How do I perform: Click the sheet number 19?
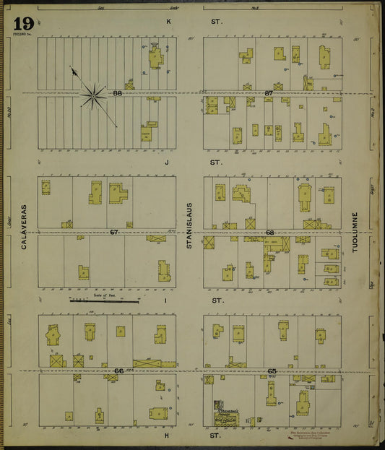[22, 23]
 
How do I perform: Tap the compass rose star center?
[93, 94]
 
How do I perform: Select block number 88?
[117, 93]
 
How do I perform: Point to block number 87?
[269, 93]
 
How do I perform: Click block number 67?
[114, 232]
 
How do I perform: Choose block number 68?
[269, 233]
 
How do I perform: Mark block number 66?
[118, 371]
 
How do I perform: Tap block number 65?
[272, 371]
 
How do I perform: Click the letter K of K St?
[169, 22]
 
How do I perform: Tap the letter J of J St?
[166, 163]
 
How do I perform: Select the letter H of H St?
[166, 436]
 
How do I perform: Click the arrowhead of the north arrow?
[72, 69]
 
